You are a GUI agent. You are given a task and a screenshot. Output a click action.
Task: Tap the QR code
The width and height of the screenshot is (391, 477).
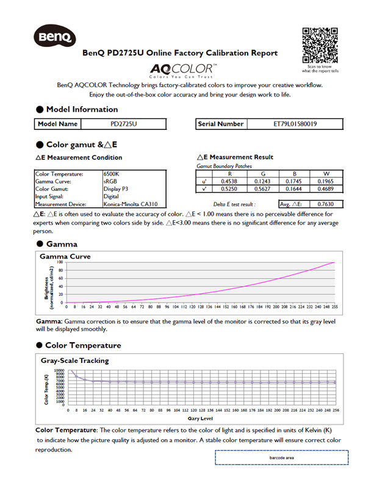(320, 45)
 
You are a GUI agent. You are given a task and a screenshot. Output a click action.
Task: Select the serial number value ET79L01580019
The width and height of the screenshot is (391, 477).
(299, 124)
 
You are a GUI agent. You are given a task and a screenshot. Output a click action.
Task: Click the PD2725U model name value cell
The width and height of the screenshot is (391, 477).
(124, 124)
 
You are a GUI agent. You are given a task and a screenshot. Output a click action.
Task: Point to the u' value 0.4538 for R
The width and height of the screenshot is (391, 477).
(229, 181)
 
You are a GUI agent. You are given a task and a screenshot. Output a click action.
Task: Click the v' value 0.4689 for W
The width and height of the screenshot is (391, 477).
(324, 189)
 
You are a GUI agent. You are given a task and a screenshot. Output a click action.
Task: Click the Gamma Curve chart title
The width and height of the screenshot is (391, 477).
(65, 257)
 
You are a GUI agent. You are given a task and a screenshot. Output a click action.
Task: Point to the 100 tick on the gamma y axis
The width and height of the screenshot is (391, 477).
(60, 262)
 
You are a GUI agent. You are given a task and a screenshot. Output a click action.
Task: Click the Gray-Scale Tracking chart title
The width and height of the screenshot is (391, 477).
(74, 360)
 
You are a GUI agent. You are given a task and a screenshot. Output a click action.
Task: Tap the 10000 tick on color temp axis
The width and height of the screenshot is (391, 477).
(59, 370)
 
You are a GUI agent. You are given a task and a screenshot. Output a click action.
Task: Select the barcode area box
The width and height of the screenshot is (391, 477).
(281, 457)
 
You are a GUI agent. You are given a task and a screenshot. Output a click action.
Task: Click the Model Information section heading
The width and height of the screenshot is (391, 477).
(82, 109)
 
